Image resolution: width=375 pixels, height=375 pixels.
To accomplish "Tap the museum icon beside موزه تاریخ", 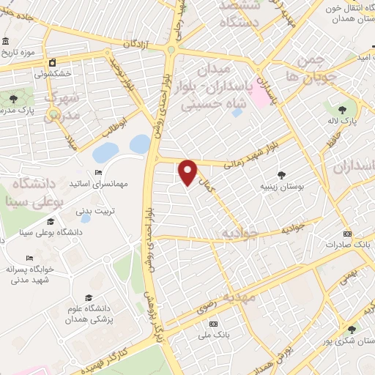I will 7,41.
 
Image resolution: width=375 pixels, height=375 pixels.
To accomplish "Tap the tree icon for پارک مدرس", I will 14,97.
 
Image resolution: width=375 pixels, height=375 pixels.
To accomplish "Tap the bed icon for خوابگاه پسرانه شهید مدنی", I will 29,258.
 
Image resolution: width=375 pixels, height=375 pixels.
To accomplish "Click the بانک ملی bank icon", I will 213,324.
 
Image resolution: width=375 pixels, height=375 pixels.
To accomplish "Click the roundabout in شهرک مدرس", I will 53,113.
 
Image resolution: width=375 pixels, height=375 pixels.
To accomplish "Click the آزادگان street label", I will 136,45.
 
